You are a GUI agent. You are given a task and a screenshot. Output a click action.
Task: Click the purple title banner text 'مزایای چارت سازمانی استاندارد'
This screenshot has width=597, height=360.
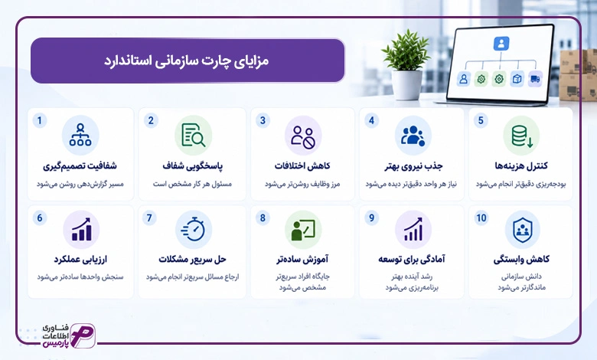[187, 61]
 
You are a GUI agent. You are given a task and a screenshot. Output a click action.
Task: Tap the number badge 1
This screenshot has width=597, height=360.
[40, 121]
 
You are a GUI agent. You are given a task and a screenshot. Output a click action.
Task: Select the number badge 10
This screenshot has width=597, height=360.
[481, 218]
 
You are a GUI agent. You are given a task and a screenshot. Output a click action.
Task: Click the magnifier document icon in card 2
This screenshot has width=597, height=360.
[194, 136]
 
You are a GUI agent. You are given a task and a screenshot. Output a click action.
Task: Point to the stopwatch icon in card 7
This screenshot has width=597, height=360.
[194, 229]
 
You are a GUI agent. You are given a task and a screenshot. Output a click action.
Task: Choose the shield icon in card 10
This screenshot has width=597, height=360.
[522, 229]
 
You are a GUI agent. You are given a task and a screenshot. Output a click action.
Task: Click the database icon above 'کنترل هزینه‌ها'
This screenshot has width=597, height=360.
[522, 136]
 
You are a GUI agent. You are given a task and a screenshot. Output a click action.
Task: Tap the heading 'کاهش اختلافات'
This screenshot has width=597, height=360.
[302, 166]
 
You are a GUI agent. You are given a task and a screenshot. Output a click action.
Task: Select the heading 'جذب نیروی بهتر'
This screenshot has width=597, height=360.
[413, 166]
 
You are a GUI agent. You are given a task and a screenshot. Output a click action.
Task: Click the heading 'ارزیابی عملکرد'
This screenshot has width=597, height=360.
[80, 260]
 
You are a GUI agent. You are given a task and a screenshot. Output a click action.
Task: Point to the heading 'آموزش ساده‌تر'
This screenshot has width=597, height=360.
[302, 260]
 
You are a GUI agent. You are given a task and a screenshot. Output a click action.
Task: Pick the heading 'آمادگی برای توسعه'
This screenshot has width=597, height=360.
[412, 260]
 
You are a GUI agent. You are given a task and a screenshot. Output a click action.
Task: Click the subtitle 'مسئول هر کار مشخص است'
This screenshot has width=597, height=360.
[192, 184]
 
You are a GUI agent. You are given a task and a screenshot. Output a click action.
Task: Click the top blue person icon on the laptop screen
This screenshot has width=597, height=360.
[501, 44]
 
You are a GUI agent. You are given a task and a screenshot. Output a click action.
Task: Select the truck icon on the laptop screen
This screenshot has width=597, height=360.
[535, 79]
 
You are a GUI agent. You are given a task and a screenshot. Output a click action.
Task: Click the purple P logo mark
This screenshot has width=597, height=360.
[83, 335]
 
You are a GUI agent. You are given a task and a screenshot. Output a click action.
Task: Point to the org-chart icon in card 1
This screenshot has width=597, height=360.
[80, 136]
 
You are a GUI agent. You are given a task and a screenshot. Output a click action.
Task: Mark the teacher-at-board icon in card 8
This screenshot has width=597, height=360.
[303, 230]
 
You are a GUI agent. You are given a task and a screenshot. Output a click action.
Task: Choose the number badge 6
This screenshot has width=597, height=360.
[40, 218]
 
